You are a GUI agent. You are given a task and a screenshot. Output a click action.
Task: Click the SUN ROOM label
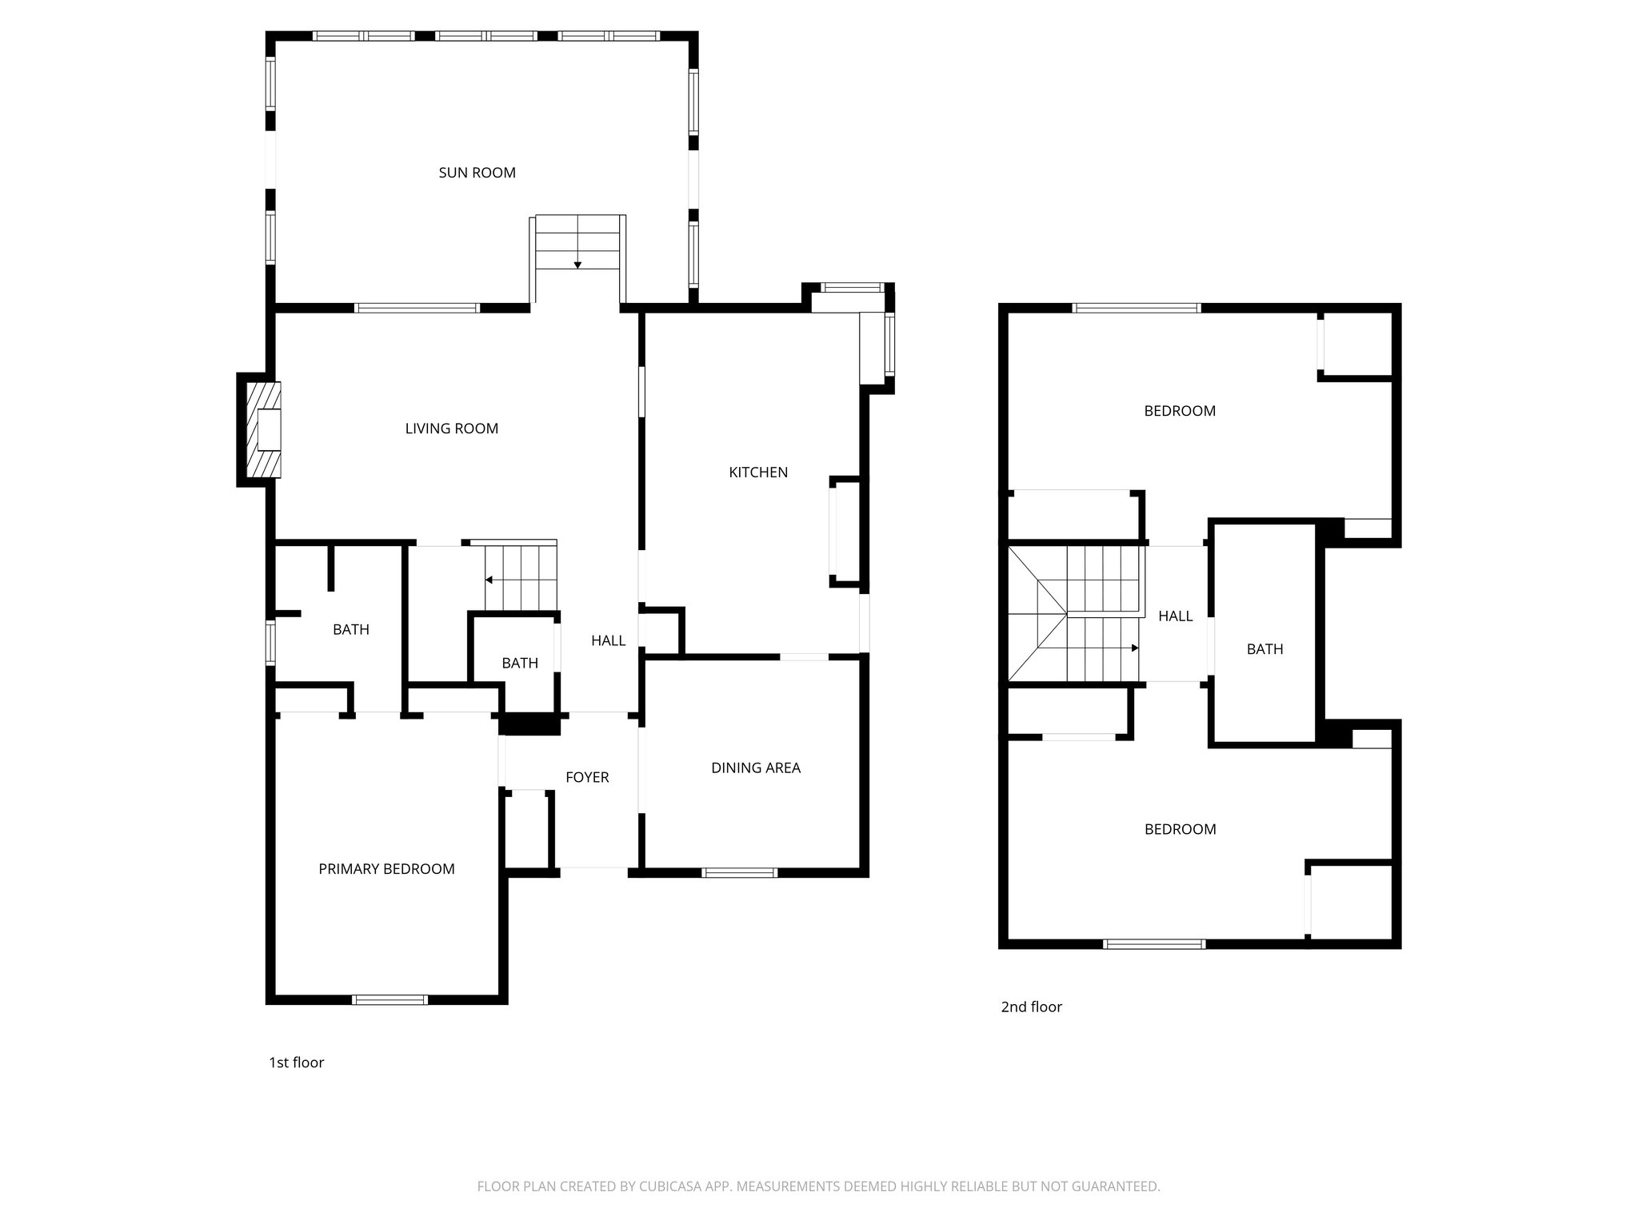coord(477,173)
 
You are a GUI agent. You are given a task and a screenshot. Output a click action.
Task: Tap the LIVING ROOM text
coord(451,429)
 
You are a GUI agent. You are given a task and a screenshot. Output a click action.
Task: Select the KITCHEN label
coord(757,472)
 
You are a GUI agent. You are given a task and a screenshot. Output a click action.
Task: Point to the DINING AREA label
coord(755,767)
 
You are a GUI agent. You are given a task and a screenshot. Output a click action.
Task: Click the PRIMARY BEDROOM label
coord(386,869)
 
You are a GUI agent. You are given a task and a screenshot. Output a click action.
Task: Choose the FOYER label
coord(586,777)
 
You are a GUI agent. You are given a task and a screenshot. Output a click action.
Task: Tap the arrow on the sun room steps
coord(577,265)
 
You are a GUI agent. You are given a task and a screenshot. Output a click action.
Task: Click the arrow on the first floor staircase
coord(489,580)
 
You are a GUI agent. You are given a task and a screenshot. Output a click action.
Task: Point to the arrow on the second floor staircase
coord(1134,648)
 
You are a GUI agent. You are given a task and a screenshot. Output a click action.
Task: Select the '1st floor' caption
coord(296,1063)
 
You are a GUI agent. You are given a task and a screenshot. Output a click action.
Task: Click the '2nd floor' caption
coord(1031,1007)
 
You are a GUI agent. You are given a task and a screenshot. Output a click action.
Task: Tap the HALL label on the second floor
coord(1175,616)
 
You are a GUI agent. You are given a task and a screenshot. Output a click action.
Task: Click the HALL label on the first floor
coord(608,640)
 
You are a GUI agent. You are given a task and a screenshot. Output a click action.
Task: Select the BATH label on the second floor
coord(1264,649)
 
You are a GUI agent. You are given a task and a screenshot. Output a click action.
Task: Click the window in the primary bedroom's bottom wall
coord(390,999)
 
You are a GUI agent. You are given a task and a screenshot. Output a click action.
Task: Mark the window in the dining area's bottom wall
coord(739,872)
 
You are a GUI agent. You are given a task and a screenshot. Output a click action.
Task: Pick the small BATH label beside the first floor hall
coord(519,663)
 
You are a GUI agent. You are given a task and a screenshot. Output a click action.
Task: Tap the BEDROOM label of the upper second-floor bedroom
coord(1179,411)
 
